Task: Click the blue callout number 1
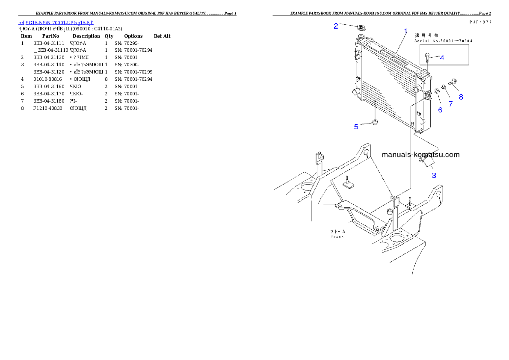coord(405,31)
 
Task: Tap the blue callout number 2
coord(336,26)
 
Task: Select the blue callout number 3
coord(434,175)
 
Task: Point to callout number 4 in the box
coord(442,58)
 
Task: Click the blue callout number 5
coord(356,127)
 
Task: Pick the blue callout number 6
coord(440,110)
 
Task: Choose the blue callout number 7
coord(450,103)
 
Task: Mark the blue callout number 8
coord(461,97)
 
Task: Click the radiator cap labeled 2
coord(361,28)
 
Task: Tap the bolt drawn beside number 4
coord(428,56)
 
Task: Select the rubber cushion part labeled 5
coord(375,123)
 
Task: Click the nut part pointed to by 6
coord(437,91)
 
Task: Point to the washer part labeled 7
coord(444,87)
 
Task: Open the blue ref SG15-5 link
coord(56,22)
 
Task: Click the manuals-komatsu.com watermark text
coord(421,155)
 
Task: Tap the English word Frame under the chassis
coord(337,237)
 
